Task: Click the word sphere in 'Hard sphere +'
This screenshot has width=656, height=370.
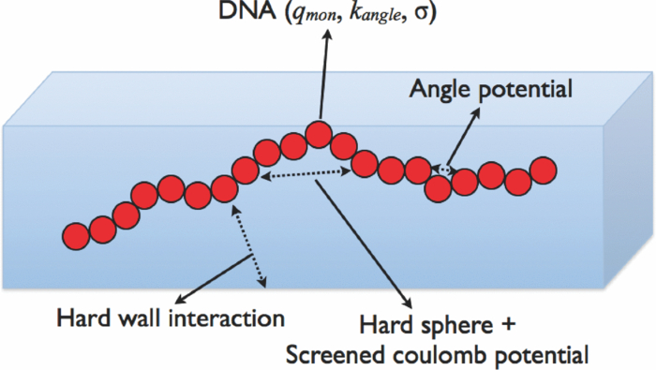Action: tap(444, 328)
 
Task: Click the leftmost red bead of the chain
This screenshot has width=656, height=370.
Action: tap(76, 234)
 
